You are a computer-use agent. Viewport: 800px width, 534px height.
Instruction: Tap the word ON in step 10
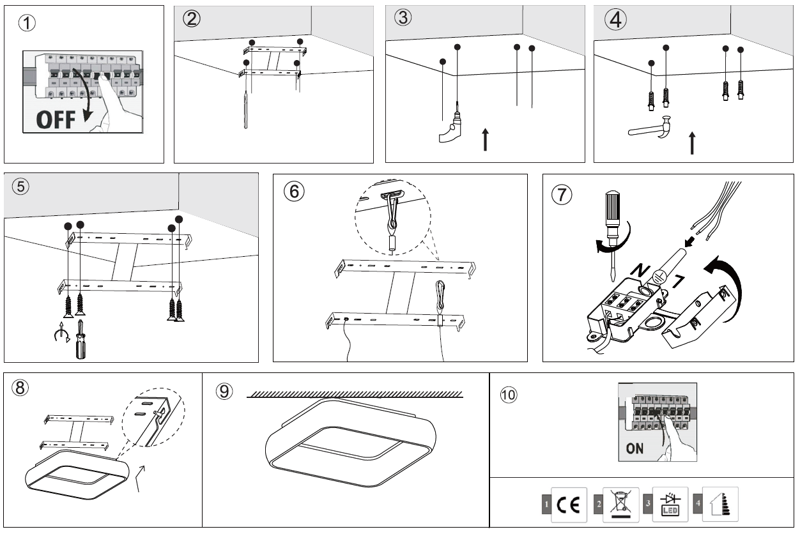click(x=635, y=448)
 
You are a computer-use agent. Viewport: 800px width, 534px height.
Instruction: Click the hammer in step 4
click(x=652, y=128)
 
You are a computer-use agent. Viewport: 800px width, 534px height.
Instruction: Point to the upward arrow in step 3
click(x=486, y=139)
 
